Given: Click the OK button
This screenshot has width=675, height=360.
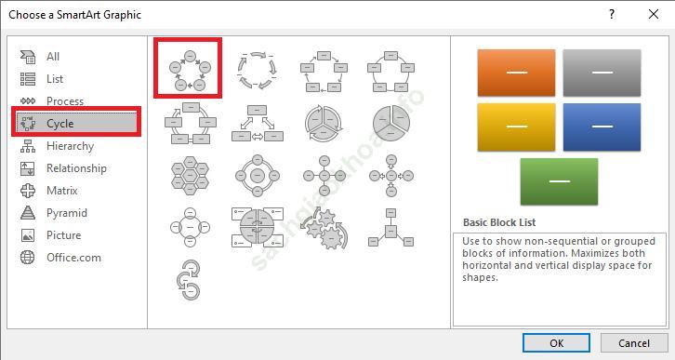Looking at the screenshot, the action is point(556,342).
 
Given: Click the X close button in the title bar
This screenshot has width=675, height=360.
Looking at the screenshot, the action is point(653,14).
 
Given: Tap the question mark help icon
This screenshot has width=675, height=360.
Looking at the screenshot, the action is point(611,14).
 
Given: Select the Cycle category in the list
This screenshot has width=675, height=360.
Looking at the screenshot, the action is point(76,123).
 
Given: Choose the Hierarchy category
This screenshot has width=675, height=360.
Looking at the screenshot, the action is point(70,146).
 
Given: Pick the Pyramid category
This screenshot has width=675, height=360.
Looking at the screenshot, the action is point(67,213).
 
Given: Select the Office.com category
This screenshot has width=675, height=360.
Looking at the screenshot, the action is point(73,258).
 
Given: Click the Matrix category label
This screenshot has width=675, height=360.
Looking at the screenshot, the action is point(62,191).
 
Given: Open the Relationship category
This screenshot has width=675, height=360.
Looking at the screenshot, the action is point(76,168).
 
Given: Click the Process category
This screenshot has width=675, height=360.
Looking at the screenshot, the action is point(65,100).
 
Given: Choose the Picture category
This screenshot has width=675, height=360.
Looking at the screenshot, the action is point(64,235).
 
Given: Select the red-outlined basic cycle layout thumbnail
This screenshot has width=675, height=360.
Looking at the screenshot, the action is point(188,68).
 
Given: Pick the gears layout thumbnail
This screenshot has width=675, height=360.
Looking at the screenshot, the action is point(324,228).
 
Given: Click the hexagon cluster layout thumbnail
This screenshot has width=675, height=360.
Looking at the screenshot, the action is point(190,175).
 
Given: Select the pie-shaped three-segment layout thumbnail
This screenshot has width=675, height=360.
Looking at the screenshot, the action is point(390,123).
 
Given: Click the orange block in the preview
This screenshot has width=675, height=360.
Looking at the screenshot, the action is point(516,73).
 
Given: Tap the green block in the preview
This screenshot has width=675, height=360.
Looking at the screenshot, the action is point(559,181).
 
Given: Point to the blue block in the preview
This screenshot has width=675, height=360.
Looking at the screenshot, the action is point(602,127).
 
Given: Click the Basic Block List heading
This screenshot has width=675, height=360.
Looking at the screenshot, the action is point(499,222).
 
